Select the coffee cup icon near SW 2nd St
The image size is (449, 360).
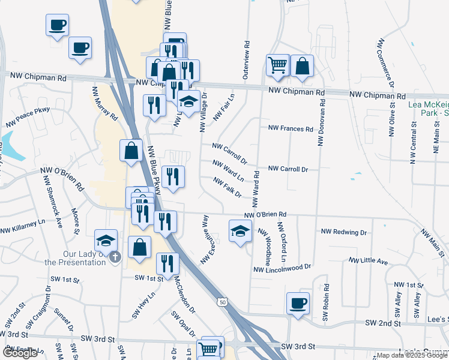click(x=298, y=304)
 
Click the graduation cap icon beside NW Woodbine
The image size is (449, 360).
click(x=240, y=231)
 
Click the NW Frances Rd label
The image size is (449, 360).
click(x=291, y=128)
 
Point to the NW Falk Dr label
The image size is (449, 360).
click(x=227, y=187)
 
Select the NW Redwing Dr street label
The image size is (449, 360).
click(x=344, y=232)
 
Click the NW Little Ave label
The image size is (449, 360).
click(x=369, y=261)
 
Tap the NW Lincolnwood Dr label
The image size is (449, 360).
click(x=283, y=268)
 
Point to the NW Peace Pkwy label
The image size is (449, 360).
click(x=28, y=117)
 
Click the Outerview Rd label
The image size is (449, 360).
click(x=246, y=61)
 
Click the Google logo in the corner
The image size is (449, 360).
click(x=20, y=353)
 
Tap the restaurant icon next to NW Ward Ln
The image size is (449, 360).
click(x=173, y=176)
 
